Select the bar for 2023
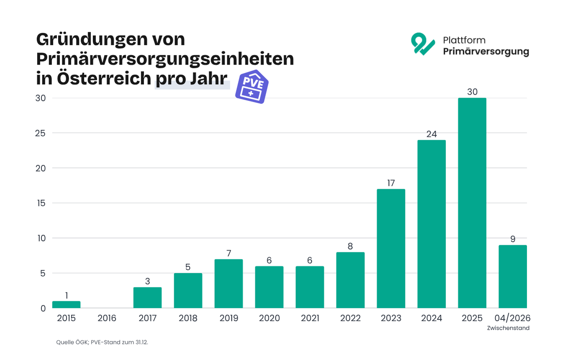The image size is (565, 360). click(391, 249)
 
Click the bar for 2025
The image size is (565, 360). click(472, 203)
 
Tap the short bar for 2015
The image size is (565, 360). click(66, 304)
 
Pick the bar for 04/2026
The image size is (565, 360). click(513, 277)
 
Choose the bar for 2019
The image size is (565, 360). click(229, 284)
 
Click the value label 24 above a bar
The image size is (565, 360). click(431, 134)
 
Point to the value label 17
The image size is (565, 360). click(391, 183)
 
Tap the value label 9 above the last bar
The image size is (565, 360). click(513, 239)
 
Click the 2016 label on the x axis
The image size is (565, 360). click(107, 318)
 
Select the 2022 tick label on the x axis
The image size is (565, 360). click(350, 318)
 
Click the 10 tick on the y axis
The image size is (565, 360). click(41, 238)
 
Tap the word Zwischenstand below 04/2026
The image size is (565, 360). click(508, 328)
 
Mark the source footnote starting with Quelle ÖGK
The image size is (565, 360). click(102, 342)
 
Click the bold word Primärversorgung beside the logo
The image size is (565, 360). click(485, 51)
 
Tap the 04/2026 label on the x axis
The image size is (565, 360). click(513, 318)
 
